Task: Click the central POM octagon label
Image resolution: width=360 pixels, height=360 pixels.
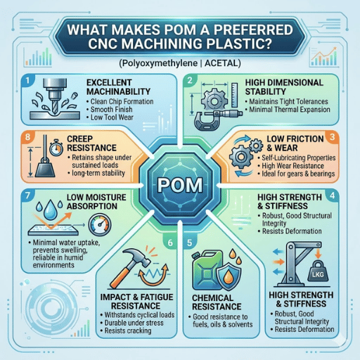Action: pos(180,185)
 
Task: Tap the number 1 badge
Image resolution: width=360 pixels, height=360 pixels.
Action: pos(27,81)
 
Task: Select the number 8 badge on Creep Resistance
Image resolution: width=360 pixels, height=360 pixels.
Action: pos(27,136)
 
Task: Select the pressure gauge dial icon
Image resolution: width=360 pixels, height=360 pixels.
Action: pos(100,224)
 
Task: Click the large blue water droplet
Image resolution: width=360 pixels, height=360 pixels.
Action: pos(51,210)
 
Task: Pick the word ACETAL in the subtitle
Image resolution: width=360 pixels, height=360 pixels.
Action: pos(221,63)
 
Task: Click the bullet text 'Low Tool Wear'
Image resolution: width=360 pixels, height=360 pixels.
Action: pos(112,117)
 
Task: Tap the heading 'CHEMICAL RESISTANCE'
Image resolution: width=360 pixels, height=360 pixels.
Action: pos(217,302)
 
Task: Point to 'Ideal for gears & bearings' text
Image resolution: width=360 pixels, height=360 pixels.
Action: pos(298,174)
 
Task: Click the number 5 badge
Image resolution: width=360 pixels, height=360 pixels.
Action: pos(189,243)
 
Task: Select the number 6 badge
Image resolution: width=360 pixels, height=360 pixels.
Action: pos(170,243)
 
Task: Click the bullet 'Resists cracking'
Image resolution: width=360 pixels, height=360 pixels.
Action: pos(128,330)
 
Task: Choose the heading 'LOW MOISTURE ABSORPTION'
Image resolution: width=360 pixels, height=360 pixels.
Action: pos(96,202)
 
